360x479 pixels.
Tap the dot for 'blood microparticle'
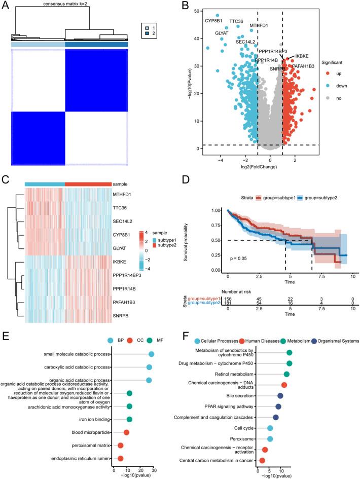(126, 432)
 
